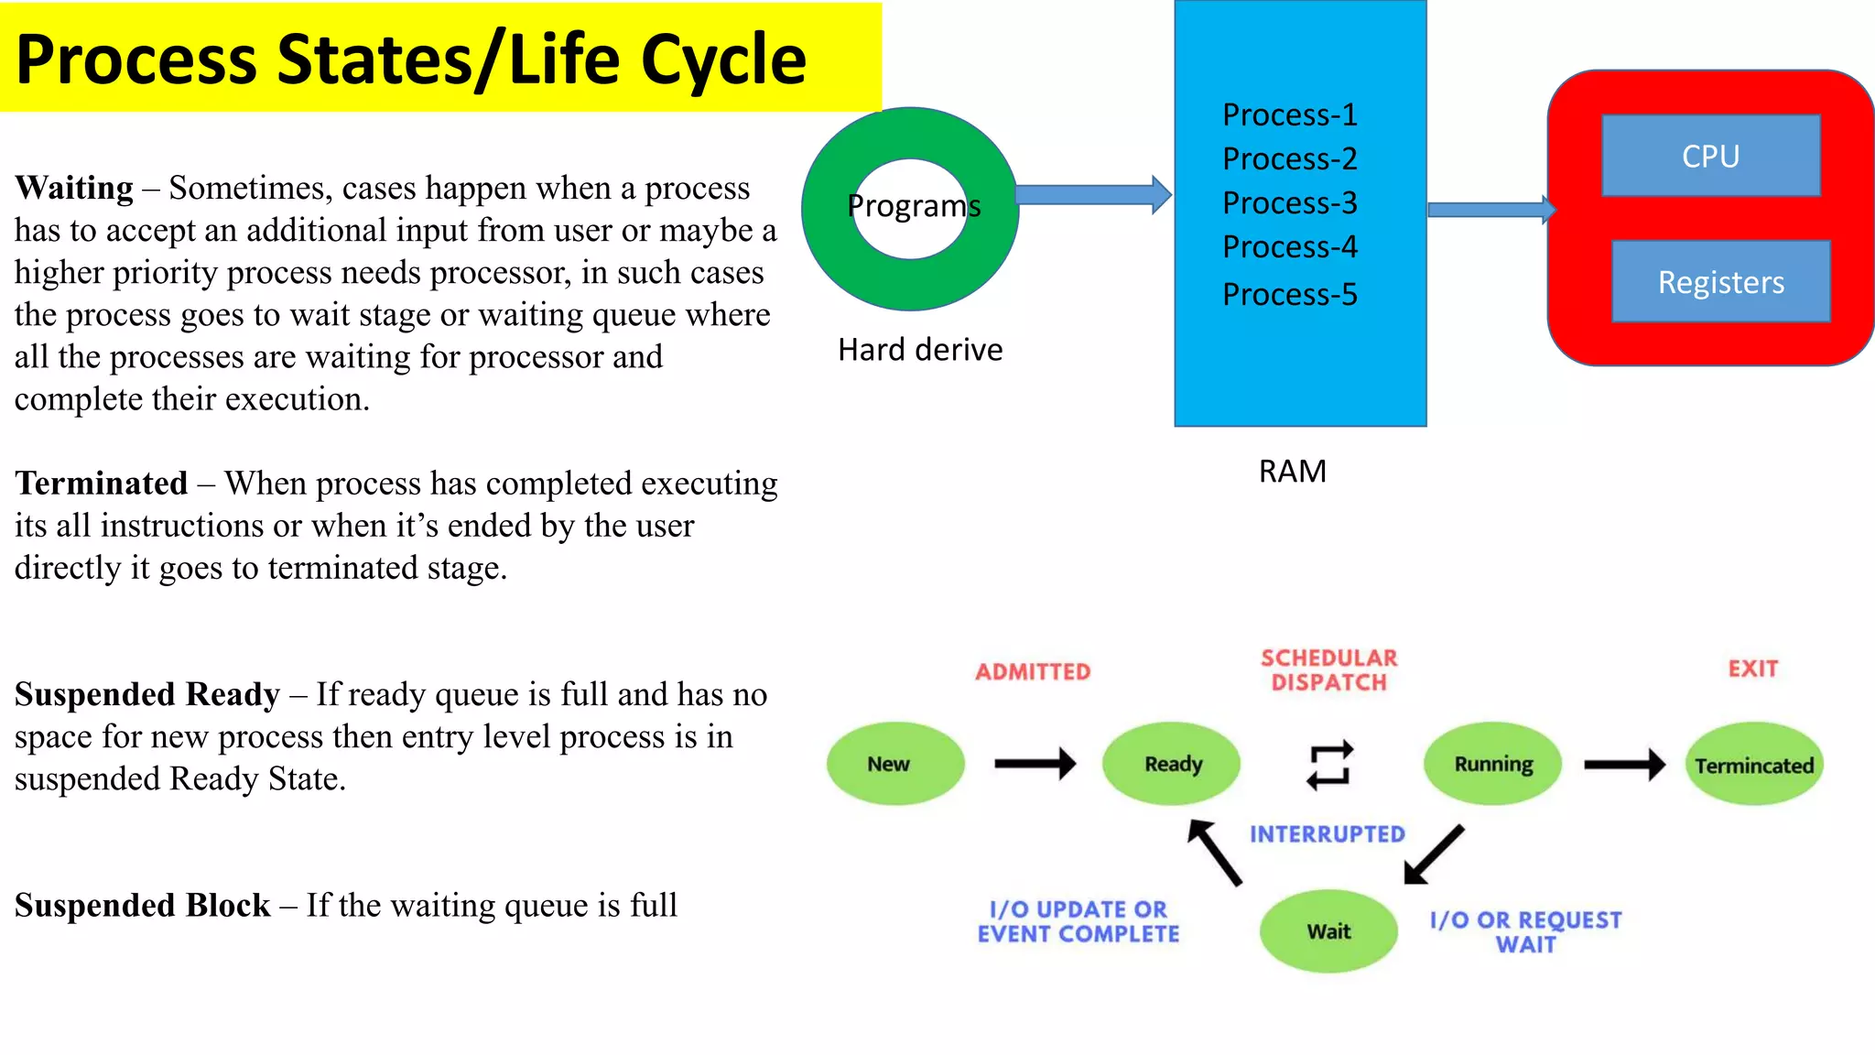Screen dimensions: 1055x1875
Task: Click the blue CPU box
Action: pos(1710,156)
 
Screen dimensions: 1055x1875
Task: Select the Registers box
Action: pos(1720,281)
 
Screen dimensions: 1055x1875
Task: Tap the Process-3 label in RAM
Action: pos(1289,202)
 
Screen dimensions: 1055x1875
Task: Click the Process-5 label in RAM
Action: pos(1289,294)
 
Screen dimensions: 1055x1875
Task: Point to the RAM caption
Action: pos(1292,471)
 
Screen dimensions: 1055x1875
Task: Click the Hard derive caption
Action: pos(920,350)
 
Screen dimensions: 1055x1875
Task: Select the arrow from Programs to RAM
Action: pos(1092,194)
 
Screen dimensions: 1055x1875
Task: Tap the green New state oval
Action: pos(894,764)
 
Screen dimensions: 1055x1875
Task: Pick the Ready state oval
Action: pos(1171,764)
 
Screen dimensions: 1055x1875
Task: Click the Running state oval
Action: pos(1492,764)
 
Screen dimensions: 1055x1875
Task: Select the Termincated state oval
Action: pos(1753,765)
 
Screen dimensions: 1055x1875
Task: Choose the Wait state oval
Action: pos(1328,931)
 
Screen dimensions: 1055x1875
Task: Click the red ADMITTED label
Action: pos(1033,672)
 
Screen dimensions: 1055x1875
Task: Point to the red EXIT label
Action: pos(1752,669)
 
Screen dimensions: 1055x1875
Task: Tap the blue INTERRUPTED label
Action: pos(1327,834)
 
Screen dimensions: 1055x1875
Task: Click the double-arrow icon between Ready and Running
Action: pos(1329,765)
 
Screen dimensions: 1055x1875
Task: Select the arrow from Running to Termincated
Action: pos(1623,764)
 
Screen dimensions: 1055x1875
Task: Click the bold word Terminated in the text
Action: pos(102,484)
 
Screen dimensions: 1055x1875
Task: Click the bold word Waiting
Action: pos(74,188)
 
